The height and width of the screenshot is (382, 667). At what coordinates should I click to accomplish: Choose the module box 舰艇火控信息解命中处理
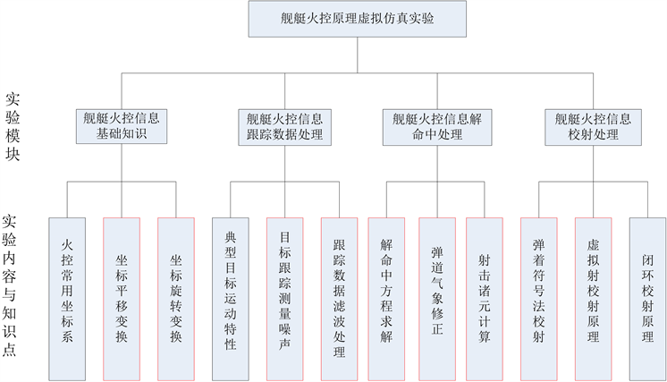[437, 126]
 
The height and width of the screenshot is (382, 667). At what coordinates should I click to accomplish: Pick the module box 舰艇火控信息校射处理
[592, 126]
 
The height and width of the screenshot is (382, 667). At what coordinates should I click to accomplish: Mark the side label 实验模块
[13, 126]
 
